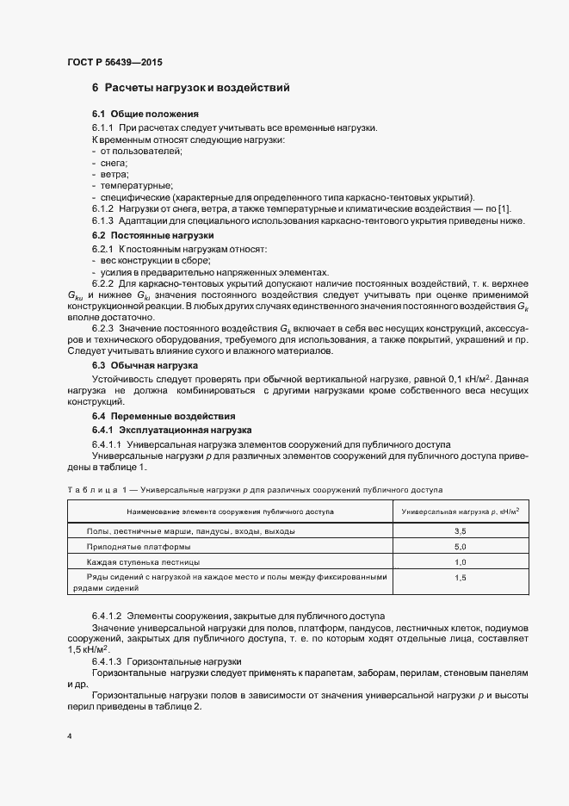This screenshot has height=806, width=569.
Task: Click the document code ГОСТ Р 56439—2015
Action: click(114, 63)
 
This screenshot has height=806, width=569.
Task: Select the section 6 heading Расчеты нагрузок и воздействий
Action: click(190, 88)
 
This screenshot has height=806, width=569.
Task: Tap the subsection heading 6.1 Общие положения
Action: click(145, 115)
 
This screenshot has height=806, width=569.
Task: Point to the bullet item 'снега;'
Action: click(114, 163)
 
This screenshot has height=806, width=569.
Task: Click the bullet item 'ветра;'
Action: click(114, 174)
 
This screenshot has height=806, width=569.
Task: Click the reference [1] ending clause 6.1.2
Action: click(505, 209)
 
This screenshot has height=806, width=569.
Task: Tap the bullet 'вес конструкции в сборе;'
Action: click(155, 259)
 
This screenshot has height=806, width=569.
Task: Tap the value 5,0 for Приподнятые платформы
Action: click(460, 548)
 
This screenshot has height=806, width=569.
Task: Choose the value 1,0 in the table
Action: click(460, 561)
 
